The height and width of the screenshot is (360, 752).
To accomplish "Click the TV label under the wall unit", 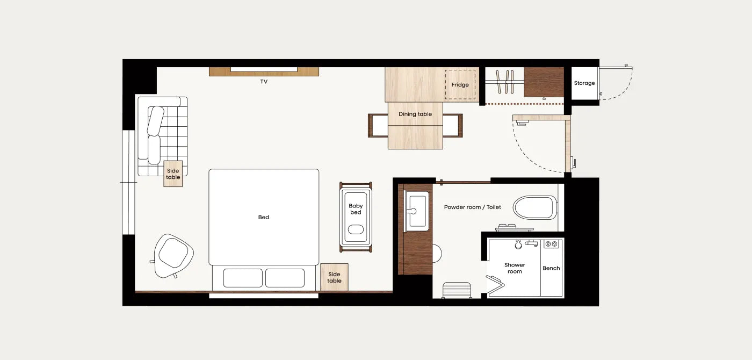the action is point(264,82).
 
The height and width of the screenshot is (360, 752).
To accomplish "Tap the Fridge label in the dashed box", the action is point(460,85).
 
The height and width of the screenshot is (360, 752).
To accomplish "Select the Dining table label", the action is point(415,114).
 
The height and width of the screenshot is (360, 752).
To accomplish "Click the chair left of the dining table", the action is point(378,126).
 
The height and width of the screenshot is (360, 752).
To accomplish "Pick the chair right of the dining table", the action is point(453,126).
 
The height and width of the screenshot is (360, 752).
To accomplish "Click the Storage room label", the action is point(584,83).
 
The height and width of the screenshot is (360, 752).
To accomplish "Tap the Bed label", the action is point(264,217).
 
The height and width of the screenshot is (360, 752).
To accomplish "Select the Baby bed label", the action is point(356,209).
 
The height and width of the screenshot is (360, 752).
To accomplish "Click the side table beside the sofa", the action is point(173,174).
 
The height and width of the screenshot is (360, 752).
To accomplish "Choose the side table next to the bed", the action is point(334,277).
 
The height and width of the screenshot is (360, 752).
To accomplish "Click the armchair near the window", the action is point(173,256).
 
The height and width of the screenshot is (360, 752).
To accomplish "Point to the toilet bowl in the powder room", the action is point(535,207).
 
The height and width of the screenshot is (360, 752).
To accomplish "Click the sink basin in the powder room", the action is point(417,211).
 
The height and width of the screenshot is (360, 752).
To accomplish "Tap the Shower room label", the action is point(515,268).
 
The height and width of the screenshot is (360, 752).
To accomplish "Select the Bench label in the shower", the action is point(551,268).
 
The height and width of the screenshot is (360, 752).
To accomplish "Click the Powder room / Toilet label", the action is point(472,207).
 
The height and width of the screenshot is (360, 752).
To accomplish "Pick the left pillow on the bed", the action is point(243,278).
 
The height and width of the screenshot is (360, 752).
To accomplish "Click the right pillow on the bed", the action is point(285,278).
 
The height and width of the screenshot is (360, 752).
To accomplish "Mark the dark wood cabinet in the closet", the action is point(544,82).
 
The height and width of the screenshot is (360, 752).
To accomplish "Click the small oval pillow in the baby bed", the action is point(356,229).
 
